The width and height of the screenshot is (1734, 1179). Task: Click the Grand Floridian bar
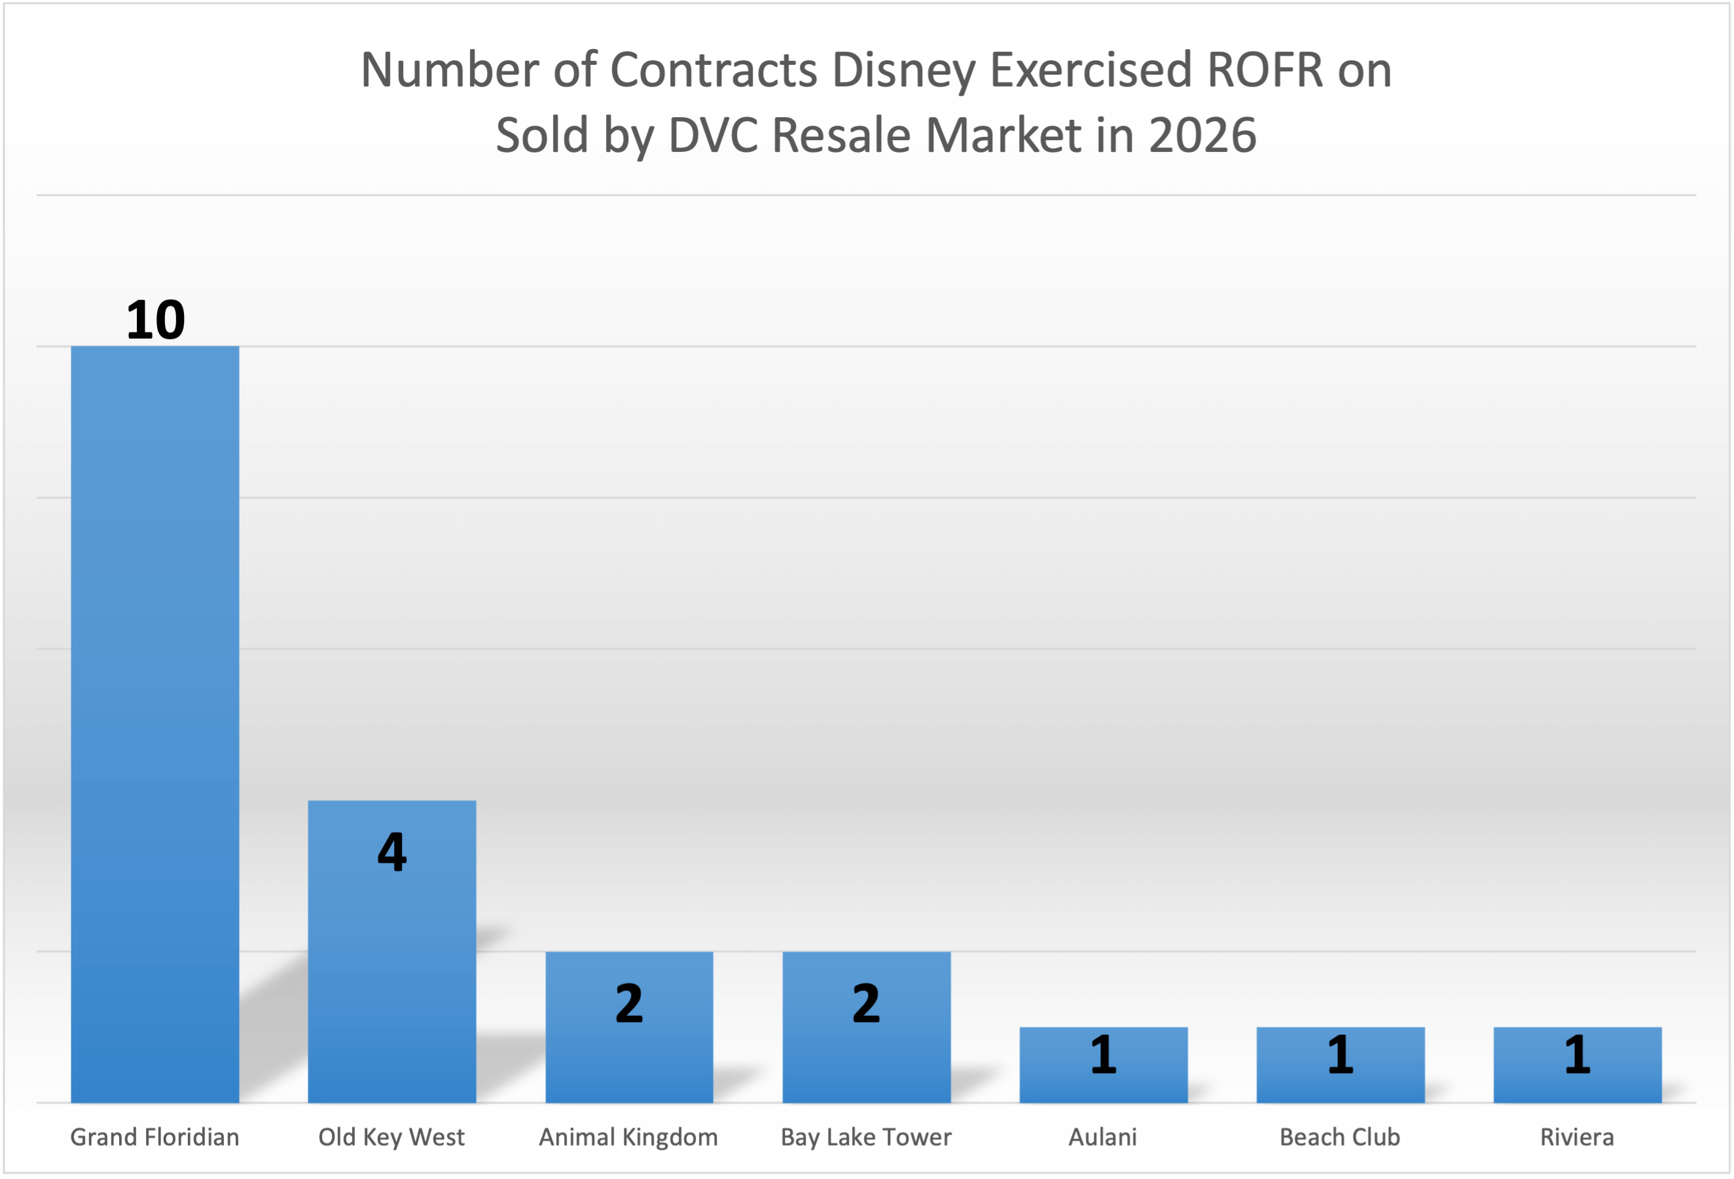pos(154,724)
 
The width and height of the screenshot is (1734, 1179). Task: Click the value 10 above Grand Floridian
pos(155,320)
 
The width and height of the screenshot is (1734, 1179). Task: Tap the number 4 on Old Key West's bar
pos(391,852)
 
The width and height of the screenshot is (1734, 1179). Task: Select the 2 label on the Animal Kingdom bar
pos(629,1004)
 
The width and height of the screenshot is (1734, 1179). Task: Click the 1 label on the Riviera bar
pos(1578,1055)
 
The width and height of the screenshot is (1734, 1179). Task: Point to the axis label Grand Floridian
pos(154,1137)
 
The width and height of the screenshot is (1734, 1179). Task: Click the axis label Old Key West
pos(391,1137)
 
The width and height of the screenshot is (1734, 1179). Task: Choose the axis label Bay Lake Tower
pos(866,1137)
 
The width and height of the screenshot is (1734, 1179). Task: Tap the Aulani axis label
pos(1103,1137)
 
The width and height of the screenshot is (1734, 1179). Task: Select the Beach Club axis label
pos(1340,1137)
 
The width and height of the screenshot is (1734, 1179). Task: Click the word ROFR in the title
pos(1264,70)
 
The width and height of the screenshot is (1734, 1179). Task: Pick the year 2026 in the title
pos(1202,135)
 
